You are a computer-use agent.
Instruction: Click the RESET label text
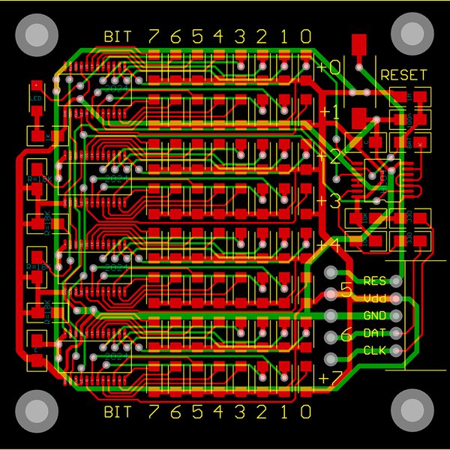click(403, 76)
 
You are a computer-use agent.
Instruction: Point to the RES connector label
click(374, 281)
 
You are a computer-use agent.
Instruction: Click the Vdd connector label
click(374, 298)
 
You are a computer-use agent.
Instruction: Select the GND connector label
click(374, 316)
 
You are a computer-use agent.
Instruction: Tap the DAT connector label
click(374, 333)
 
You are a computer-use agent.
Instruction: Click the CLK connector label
click(374, 350)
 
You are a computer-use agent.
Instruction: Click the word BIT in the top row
click(121, 36)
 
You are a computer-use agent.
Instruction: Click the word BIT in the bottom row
click(121, 412)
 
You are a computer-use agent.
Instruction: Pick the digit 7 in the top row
click(154, 35)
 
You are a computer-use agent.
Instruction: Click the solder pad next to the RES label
click(395, 281)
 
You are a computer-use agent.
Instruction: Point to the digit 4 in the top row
click(219, 35)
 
